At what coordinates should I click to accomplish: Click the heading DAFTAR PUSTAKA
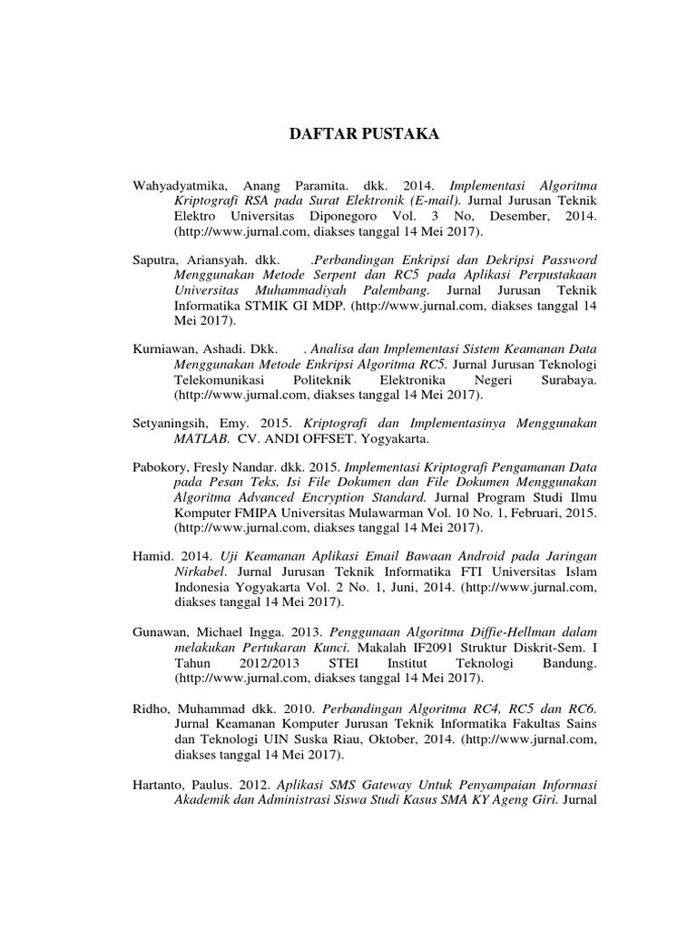click(x=349, y=135)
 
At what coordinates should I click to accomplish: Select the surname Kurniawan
click(x=164, y=347)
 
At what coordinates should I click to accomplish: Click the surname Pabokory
click(x=161, y=465)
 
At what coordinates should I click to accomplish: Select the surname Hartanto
click(x=160, y=783)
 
